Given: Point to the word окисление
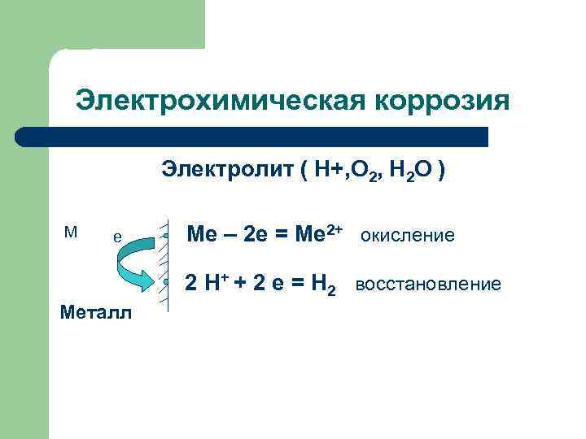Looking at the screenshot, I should pos(407,236).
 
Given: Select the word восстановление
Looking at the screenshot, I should pos(428,285).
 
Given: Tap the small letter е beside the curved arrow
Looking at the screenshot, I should pos(117,237).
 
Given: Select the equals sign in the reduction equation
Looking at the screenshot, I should pos(297,285).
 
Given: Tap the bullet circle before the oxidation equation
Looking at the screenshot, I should pos(164,236).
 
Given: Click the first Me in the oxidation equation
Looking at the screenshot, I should pos(201,236).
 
